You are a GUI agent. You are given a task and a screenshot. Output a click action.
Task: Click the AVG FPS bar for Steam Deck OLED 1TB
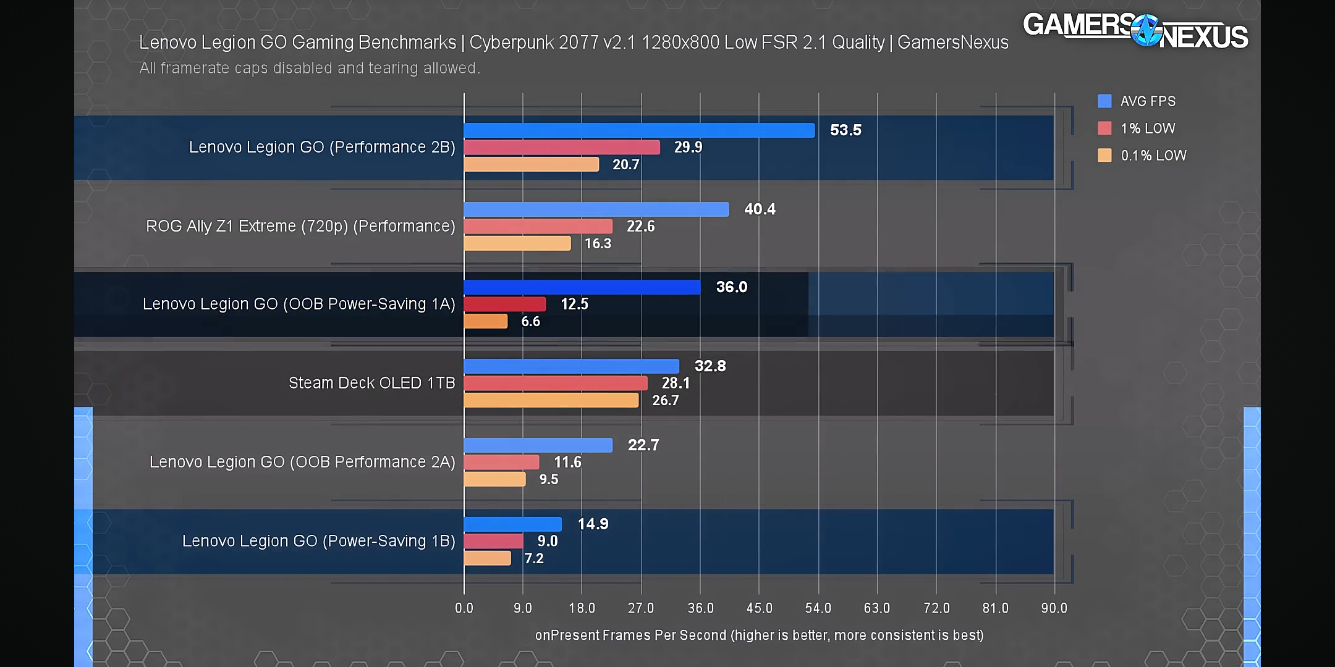coord(571,366)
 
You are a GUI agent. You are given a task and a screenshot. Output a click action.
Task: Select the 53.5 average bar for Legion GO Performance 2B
coord(639,130)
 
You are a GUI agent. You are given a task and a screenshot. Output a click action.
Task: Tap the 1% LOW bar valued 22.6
coord(538,226)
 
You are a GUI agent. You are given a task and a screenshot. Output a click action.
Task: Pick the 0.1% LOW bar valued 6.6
coord(486,321)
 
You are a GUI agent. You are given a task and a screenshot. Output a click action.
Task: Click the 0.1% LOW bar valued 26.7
coord(551,400)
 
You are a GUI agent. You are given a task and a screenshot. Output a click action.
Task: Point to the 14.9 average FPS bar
coord(512,524)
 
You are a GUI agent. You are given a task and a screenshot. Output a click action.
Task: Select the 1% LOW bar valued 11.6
coord(501,462)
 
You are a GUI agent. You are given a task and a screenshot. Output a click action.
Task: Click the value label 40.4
coord(760,209)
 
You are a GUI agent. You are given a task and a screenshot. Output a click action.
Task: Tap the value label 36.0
coord(732,287)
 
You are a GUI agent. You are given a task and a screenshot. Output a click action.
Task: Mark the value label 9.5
coord(549,479)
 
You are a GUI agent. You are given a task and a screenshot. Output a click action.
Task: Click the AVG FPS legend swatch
coord(1104,101)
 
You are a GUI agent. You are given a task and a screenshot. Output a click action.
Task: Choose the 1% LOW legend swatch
coord(1104,128)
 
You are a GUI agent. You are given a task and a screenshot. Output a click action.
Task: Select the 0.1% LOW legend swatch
coord(1104,156)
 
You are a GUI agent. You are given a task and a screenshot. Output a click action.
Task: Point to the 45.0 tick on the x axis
coord(759,608)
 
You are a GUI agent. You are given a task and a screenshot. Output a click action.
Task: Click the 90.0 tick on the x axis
coord(1054,608)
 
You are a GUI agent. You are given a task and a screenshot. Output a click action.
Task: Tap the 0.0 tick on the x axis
coord(464,608)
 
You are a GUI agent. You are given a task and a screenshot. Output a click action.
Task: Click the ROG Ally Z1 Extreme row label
coord(300,226)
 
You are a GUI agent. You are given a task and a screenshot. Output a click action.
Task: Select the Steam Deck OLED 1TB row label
coord(371,383)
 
